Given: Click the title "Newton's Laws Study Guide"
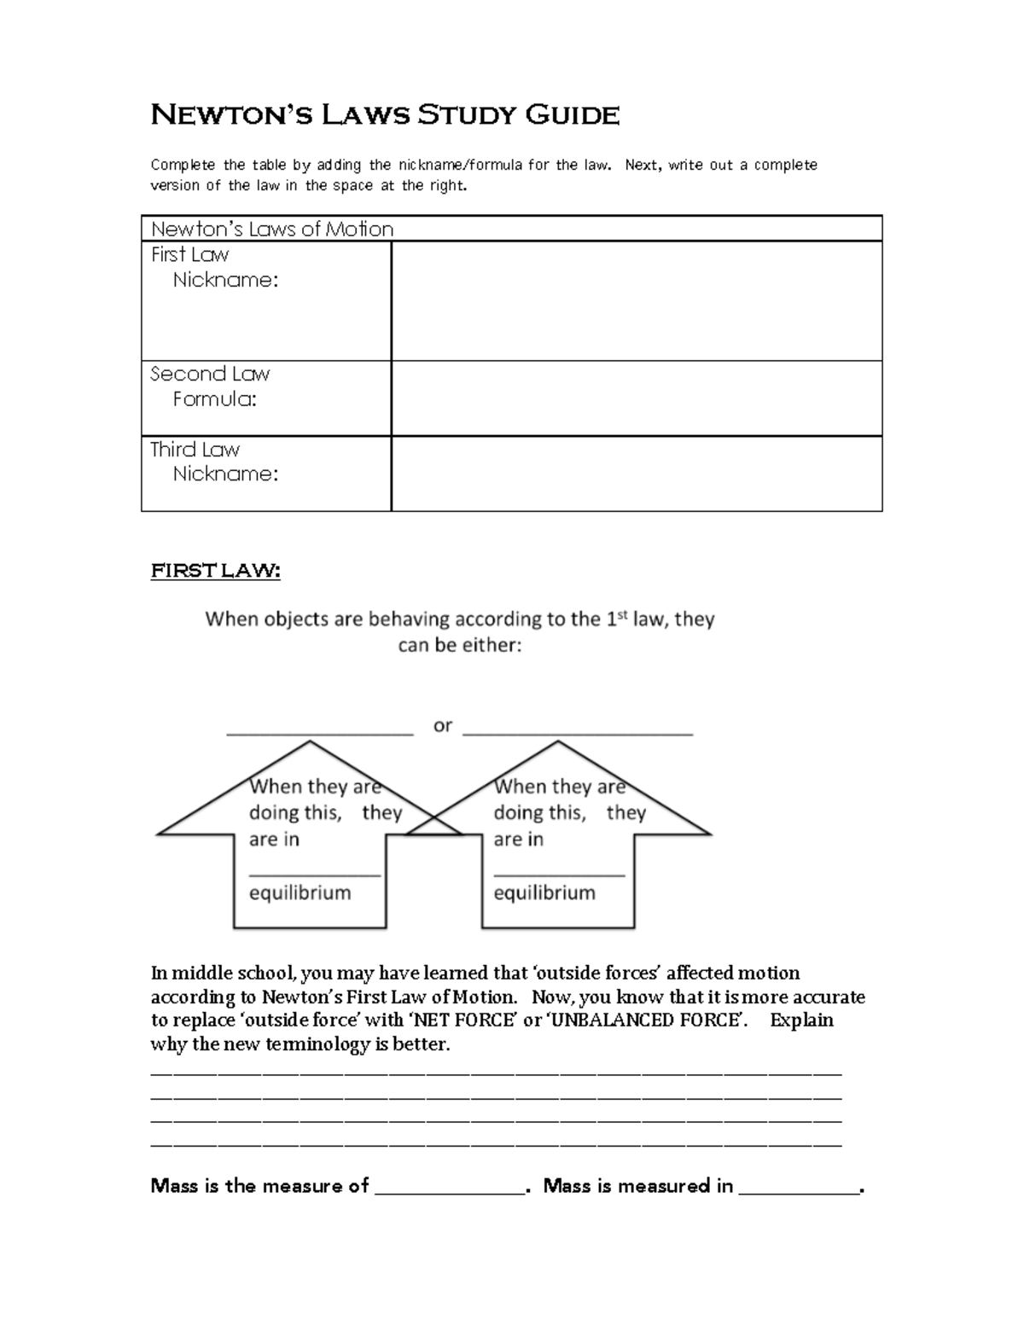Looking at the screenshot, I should pos(385,114).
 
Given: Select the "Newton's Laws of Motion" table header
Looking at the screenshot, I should pos(272,229).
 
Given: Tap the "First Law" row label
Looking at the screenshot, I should pos(189,254).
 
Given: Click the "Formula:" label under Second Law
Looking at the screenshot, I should pos(214,399).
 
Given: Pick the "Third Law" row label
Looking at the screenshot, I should pos(195,450).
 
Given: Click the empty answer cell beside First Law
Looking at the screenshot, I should pos(636,300).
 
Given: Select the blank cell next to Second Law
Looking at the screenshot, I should pos(636,398).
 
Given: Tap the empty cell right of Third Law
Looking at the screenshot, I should pos(636,474).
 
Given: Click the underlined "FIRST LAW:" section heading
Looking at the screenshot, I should pos(215,571).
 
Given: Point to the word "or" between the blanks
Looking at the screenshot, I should pos(442,726).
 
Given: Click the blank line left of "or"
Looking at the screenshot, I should pos(319,731).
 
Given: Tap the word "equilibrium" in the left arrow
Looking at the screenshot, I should pos(300,893).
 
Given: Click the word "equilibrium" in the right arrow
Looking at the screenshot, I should pos(544,893).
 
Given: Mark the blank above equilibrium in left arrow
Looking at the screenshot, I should pos(314,873).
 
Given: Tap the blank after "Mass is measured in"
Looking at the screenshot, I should pos(799,1191).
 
